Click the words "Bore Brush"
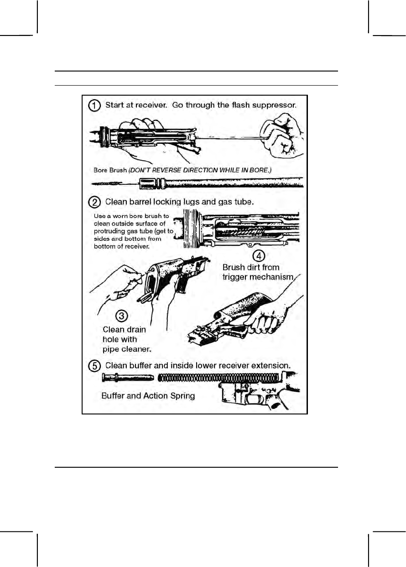pyautogui.click(x=109, y=171)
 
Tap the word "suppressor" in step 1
pyautogui.click(x=273, y=105)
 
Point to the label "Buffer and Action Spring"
pyautogui.click(x=148, y=396)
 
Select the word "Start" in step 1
pyautogui.click(x=116, y=105)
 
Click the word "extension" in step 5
pyautogui.click(x=281, y=365)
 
